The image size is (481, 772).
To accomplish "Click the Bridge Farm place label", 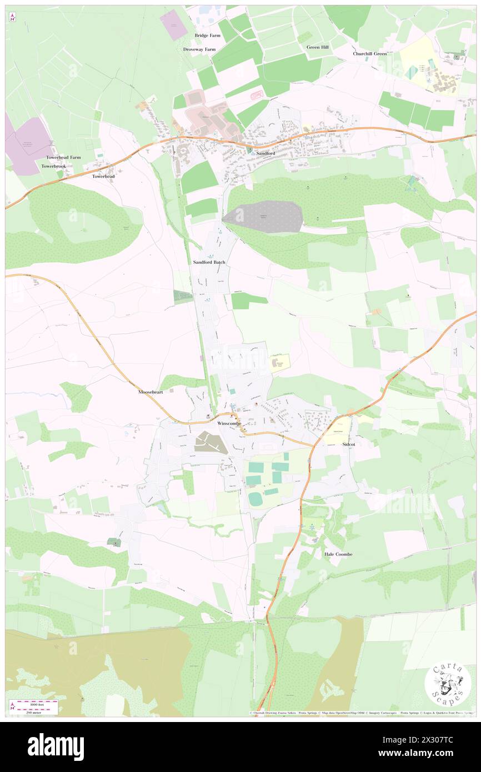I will pos(207,36).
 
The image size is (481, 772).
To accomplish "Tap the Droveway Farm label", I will pos(199,49).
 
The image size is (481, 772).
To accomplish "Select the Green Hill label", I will pos(317,47).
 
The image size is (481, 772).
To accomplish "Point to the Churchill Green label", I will pos(369,54).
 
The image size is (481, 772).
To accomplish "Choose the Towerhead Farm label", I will pos(63,157).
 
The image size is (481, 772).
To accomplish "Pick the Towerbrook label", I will pos(53,166).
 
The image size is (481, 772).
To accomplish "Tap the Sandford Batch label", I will pos(209,262).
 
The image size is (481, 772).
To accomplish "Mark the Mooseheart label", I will pos(151,392).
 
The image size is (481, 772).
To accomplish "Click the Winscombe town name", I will pos(229,423).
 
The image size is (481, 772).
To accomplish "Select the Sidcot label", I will pos(348,445).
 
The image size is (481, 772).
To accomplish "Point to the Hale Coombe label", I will pos(338,554).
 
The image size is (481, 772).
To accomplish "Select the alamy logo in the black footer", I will pos(56,746).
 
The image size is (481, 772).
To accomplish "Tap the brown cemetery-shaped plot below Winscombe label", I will pos(211,443).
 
